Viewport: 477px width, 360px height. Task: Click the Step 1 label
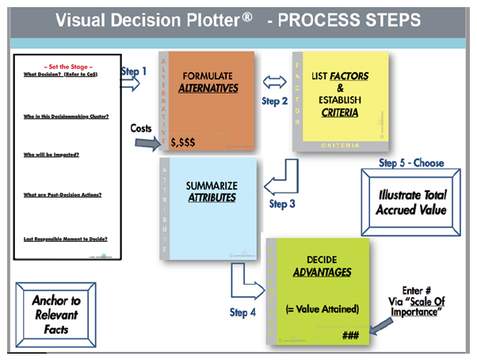coord(134,71)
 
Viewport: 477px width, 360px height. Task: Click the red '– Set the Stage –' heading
coord(68,67)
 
